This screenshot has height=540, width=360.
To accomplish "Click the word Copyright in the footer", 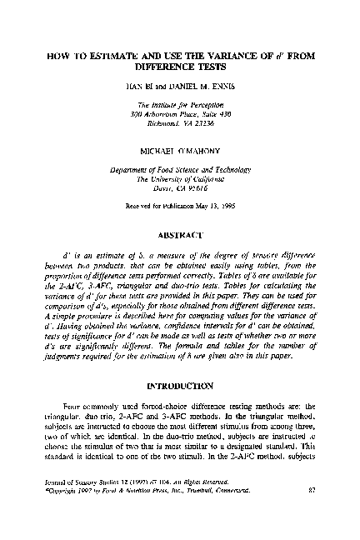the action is click(63, 512).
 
